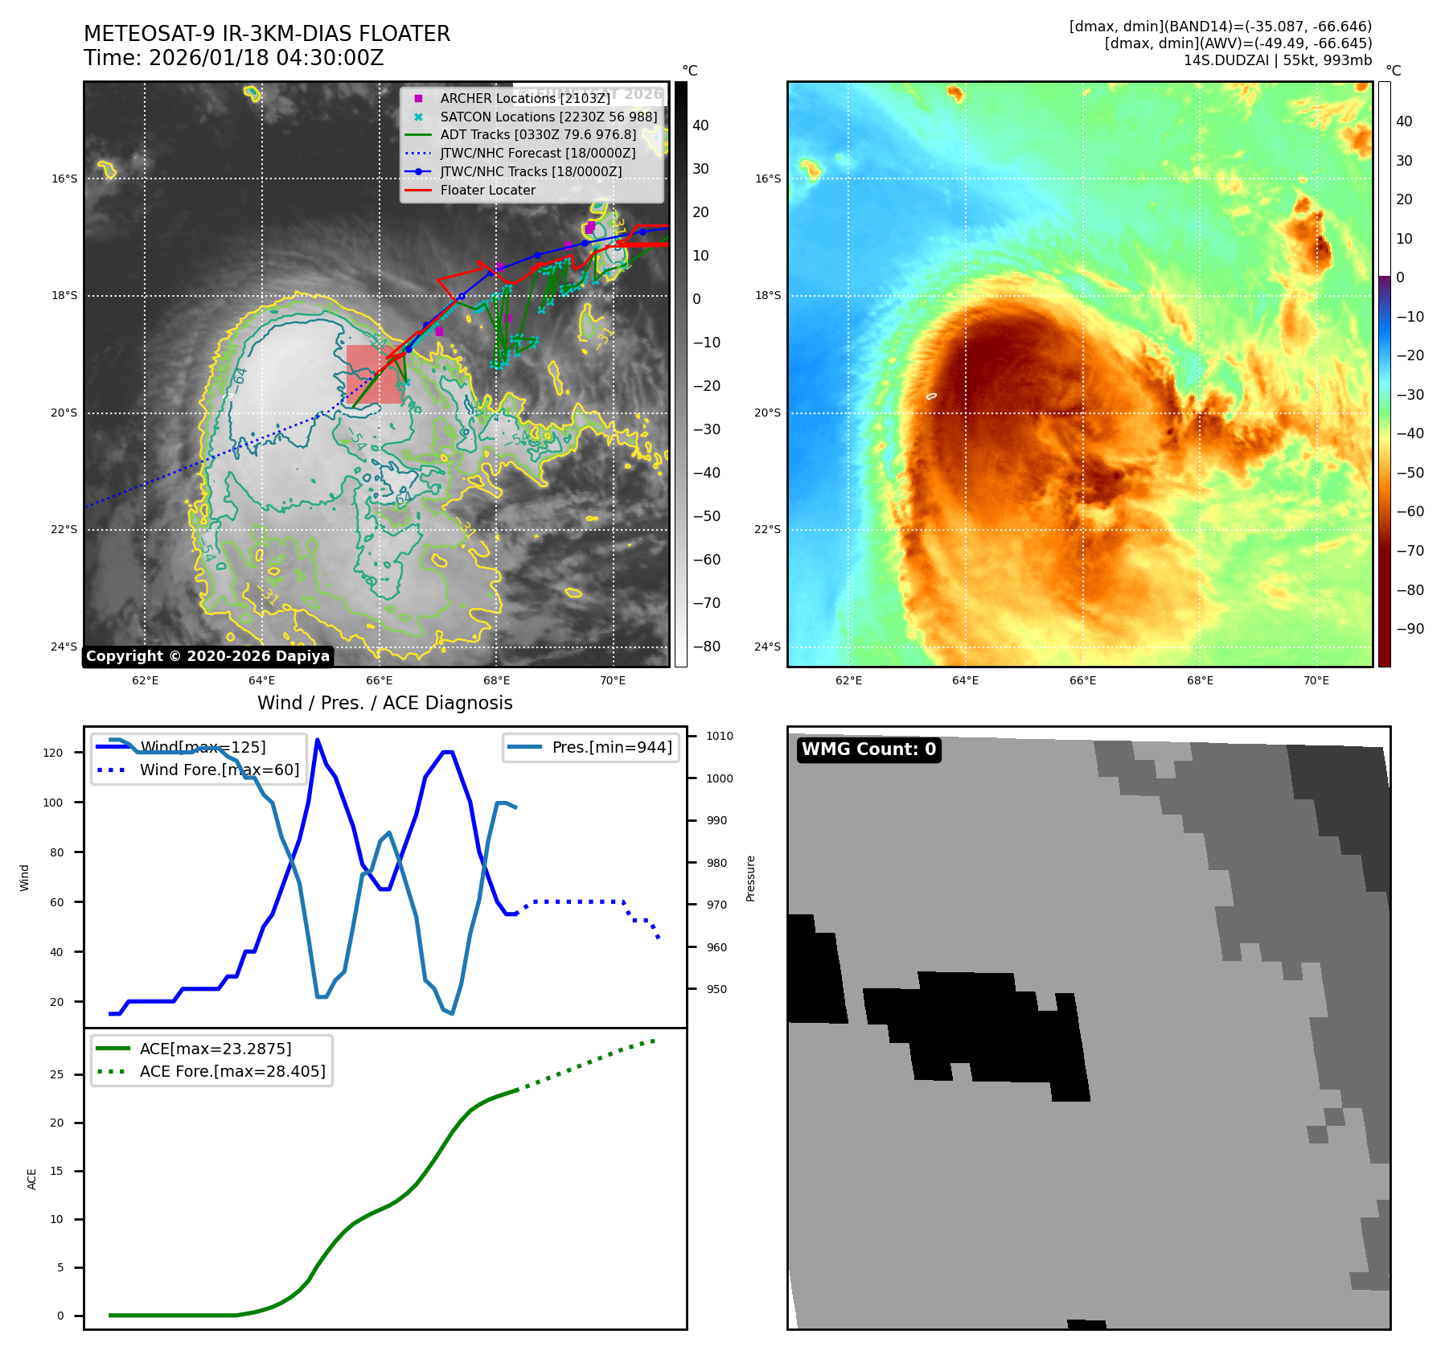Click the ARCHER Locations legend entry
click(x=524, y=98)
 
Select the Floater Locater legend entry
click(x=487, y=190)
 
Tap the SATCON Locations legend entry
click(x=548, y=117)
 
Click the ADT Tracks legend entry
click(x=537, y=134)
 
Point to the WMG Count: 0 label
click(x=868, y=749)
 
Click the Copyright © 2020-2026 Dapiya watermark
click(x=207, y=656)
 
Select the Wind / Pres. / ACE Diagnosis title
click(x=384, y=703)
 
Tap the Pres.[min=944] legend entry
click(x=611, y=747)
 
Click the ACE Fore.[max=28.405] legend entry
click(x=232, y=1071)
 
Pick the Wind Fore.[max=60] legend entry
click(x=219, y=770)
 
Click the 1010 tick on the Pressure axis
click(x=720, y=736)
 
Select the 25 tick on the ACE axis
click(x=56, y=1074)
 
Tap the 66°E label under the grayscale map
click(x=379, y=680)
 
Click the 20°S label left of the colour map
click(x=767, y=413)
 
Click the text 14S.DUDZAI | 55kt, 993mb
click(x=1277, y=60)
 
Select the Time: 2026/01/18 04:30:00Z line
click(x=233, y=58)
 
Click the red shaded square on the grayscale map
click(x=375, y=375)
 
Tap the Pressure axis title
click(x=750, y=878)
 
